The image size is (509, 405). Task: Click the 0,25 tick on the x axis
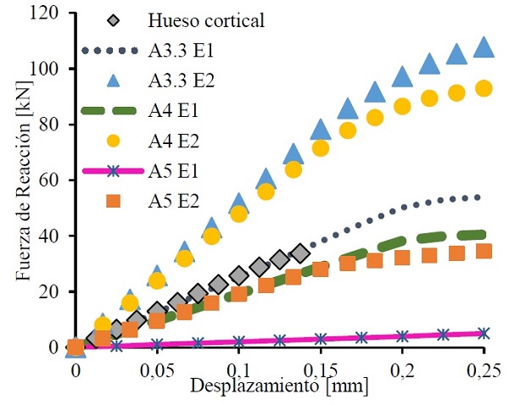(484, 371)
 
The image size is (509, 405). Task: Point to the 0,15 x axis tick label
(321, 371)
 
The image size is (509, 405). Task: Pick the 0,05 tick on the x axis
(157, 371)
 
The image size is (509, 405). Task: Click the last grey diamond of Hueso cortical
(299, 252)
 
